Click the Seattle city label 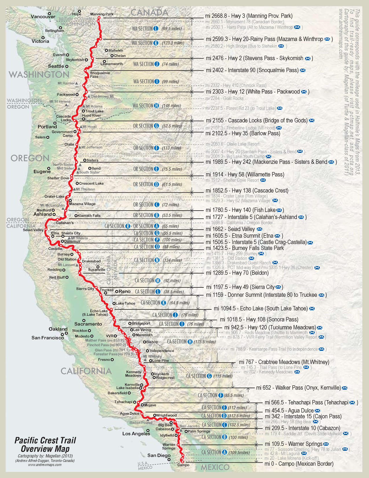point(56,66)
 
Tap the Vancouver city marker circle point(49,13)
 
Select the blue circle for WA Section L point(156,28)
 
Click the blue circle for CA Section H point(190,342)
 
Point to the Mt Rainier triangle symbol point(76,83)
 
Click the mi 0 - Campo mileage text point(299,464)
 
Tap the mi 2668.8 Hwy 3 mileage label point(249,16)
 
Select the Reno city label point(124,291)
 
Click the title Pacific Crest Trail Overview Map point(45,445)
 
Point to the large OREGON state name point(30,158)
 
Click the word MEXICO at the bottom point(215,467)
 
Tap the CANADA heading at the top point(149,12)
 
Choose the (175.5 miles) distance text point(205,342)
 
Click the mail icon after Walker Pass point(344,388)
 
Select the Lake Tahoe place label point(125,303)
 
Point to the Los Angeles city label point(136,433)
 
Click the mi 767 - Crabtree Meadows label point(284,362)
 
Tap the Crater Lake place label point(54,196)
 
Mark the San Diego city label point(159,455)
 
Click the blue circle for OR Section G point(156,126)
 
